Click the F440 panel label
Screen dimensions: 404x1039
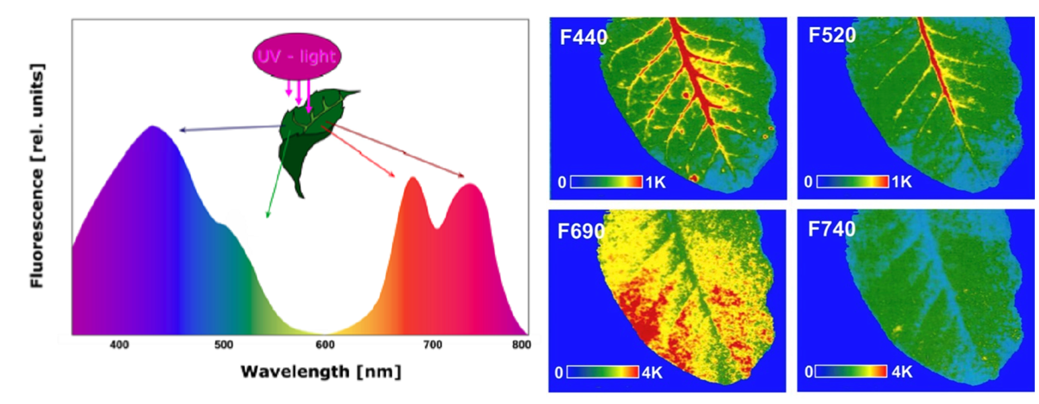pos(584,37)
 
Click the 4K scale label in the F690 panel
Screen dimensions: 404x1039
pos(653,372)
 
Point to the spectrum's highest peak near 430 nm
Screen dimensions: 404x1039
pos(154,127)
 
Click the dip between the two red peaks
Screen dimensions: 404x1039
pos(438,227)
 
